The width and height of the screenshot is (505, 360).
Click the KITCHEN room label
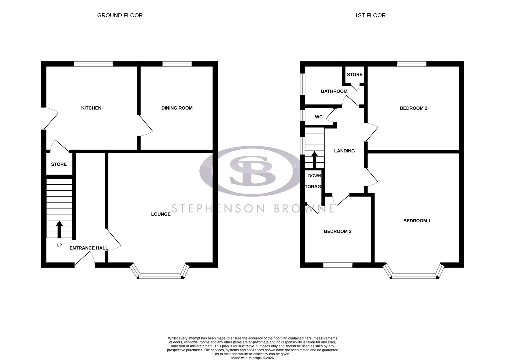[91, 108]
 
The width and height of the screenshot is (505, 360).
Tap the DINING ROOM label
[177, 108]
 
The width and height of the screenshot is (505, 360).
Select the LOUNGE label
[161, 214]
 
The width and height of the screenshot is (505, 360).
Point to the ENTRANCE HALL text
[89, 248]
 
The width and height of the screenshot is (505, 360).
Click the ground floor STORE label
[59, 164]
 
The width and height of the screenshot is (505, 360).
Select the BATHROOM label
[334, 91]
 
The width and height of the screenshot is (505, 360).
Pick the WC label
[319, 117]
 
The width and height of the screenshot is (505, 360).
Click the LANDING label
[344, 151]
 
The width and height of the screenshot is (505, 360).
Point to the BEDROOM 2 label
[413, 108]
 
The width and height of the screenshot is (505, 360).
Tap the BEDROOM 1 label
[417, 221]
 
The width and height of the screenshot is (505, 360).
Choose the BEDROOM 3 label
[338, 231]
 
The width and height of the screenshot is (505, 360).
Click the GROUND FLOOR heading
[120, 15]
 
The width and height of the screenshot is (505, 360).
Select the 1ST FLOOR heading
[370, 15]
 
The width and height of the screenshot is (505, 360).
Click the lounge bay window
[160, 276]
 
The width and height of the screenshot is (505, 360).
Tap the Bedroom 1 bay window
[414, 276]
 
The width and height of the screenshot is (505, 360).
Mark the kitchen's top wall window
[93, 64]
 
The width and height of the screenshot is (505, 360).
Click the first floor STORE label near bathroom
[354, 75]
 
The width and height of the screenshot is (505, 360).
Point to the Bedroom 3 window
[338, 265]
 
